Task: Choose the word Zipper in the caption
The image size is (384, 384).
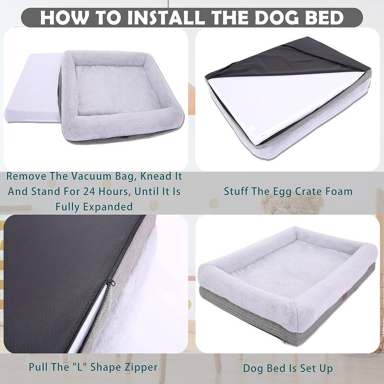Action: (140, 367)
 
